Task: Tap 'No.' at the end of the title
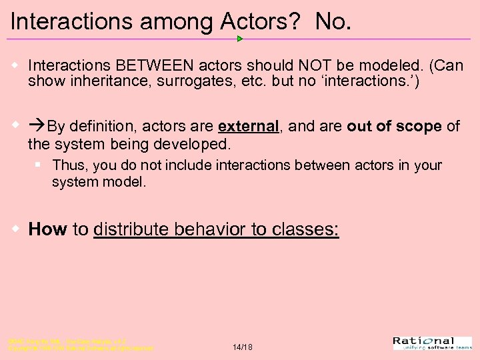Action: point(333,21)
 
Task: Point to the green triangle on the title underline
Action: point(240,39)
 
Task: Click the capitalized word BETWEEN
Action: point(155,66)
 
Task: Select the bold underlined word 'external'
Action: point(248,126)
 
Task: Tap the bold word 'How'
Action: point(47,229)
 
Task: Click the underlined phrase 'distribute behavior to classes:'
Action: point(216,229)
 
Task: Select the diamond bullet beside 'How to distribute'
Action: point(15,229)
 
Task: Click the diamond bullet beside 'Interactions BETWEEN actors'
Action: point(15,66)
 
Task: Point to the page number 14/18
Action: point(242,347)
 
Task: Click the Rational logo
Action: point(432,343)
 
